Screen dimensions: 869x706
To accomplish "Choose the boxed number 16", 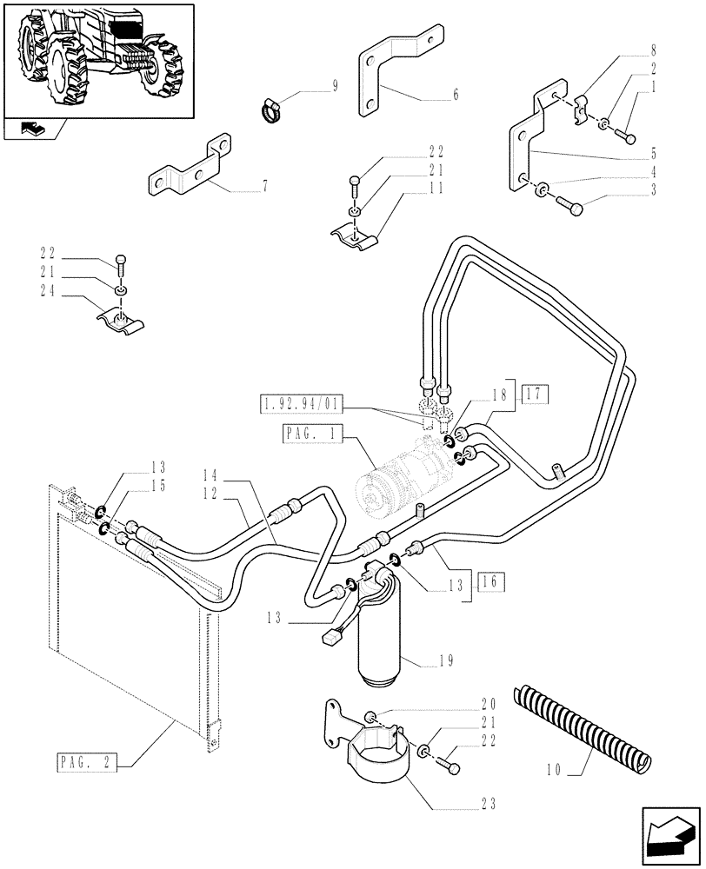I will tap(486, 582).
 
